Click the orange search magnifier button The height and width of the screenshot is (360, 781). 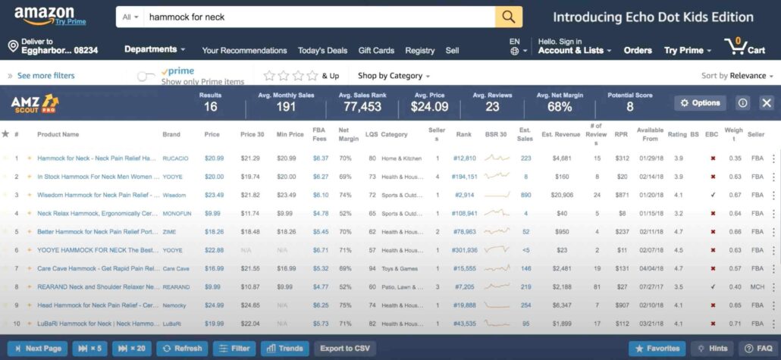point(508,17)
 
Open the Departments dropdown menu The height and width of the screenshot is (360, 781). point(155,49)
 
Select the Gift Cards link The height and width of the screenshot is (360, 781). point(376,51)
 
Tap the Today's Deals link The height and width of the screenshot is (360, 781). point(322,51)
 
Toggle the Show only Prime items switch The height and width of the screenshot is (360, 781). point(146,76)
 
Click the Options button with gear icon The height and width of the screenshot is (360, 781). point(700,103)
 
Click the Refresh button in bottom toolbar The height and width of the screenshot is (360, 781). point(182,349)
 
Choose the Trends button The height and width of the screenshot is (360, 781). point(284,349)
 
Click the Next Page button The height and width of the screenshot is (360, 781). point(38,349)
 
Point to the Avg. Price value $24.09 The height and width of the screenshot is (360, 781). point(431,107)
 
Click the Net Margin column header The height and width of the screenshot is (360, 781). point(348,135)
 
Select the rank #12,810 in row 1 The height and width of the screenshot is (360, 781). point(464,158)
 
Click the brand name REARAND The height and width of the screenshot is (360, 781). point(176,287)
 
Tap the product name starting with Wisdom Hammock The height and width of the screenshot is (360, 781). point(97,195)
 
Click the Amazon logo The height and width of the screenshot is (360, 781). point(44,15)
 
